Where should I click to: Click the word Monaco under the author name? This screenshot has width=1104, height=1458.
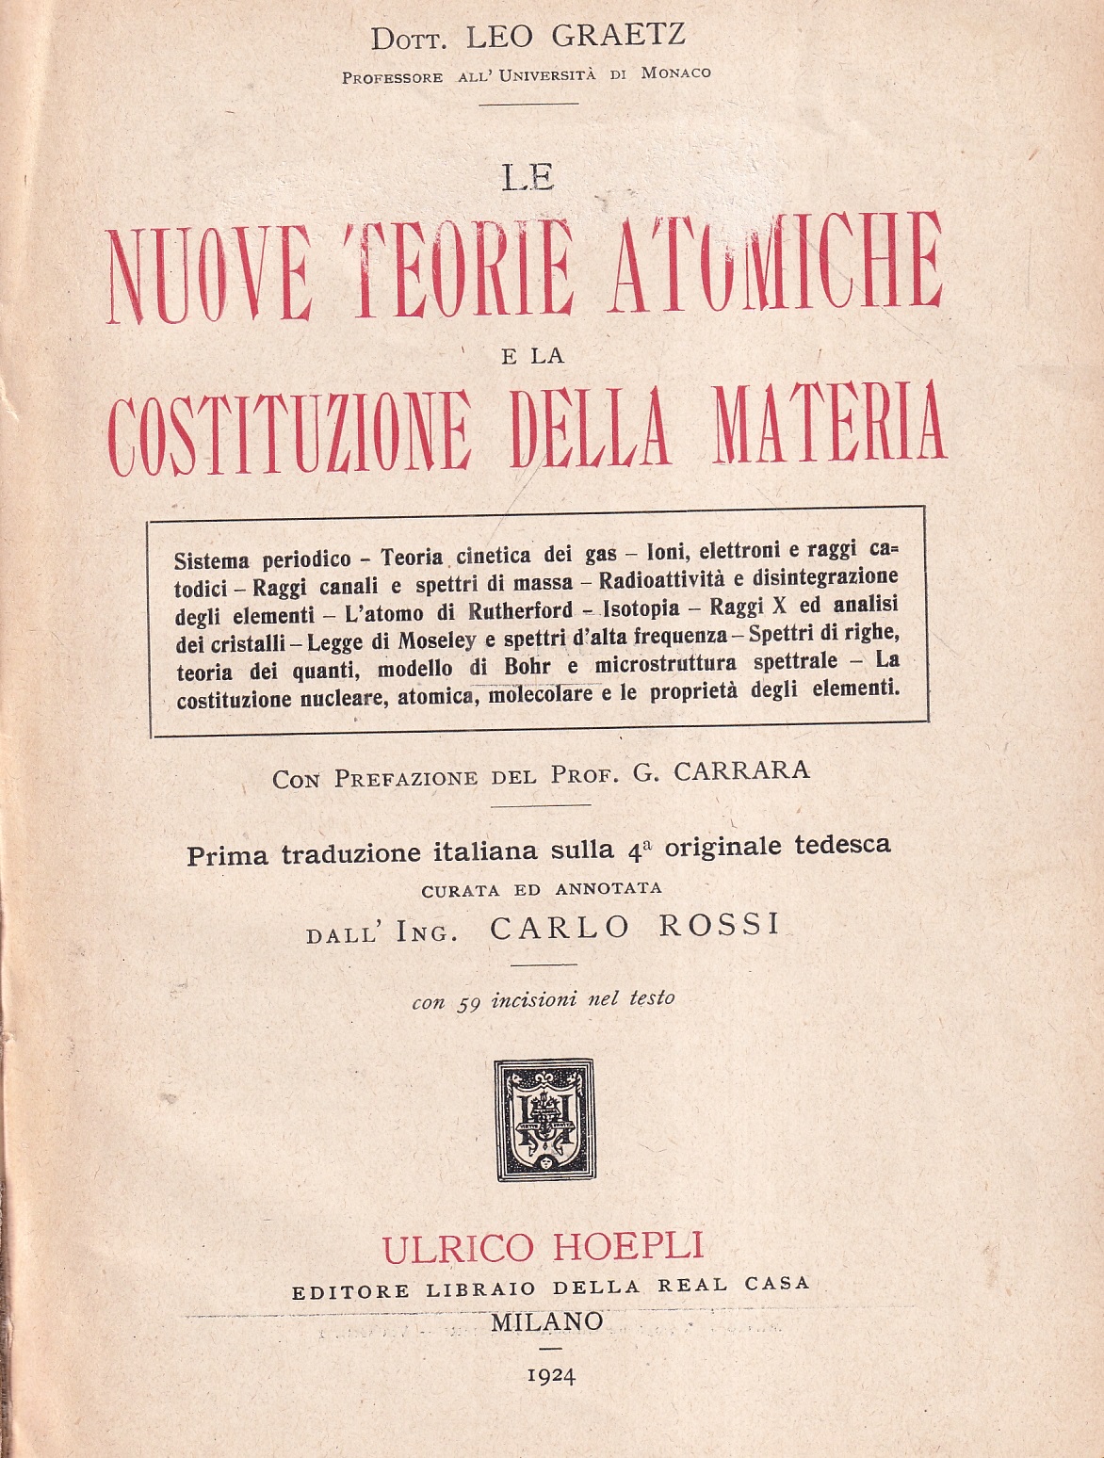pyautogui.click(x=675, y=73)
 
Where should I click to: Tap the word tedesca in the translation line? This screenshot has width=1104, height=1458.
pyautogui.click(x=845, y=846)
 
